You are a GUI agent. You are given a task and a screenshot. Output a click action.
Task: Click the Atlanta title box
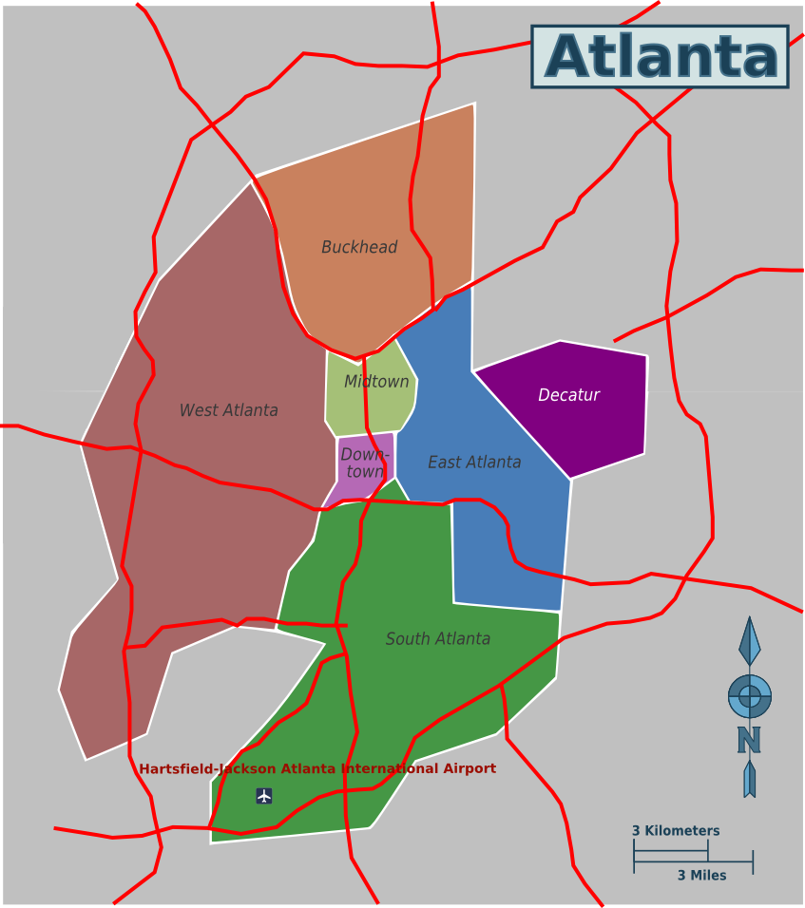point(660,57)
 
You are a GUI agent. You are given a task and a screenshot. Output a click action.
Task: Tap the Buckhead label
point(359,247)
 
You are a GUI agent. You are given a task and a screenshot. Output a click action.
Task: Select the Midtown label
point(376,382)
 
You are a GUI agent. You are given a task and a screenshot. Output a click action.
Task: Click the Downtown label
point(365,463)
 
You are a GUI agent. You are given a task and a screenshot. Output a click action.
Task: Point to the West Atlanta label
point(229,410)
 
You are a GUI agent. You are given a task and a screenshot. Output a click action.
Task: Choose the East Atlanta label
point(474,463)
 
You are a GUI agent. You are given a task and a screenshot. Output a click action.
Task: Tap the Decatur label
point(568,395)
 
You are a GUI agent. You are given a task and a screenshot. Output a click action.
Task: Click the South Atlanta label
point(438,639)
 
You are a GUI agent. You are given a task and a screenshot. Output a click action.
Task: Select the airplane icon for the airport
point(264,796)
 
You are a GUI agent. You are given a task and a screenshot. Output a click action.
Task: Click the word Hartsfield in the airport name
point(177,769)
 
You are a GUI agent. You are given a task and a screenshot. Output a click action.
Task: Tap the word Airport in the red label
point(469,768)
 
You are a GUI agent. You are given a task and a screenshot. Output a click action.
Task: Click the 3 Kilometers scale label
point(676,831)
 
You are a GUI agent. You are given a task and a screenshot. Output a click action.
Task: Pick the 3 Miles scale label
point(701,876)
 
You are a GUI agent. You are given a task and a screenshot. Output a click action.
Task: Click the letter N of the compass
point(749,740)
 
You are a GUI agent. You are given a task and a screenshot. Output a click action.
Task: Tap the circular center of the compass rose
point(750,697)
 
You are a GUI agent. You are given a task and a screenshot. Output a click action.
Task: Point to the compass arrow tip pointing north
point(750,622)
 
